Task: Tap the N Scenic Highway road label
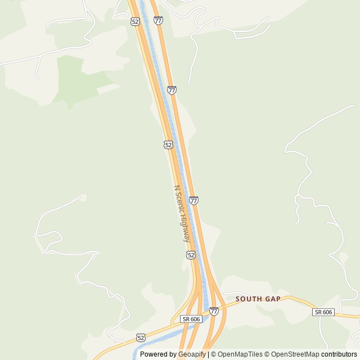(182, 214)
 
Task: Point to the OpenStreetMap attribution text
(295, 354)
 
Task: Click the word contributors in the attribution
(339, 354)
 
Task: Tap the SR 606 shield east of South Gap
(323, 312)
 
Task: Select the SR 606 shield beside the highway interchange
(191, 319)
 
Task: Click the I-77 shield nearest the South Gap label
(214, 311)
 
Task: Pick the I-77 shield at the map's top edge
(158, 21)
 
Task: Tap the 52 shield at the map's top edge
(134, 21)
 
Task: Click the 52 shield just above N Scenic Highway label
(168, 145)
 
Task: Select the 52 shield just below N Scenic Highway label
(191, 255)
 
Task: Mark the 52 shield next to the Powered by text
(141, 337)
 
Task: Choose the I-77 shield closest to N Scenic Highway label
(193, 200)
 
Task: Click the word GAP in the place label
(271, 299)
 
